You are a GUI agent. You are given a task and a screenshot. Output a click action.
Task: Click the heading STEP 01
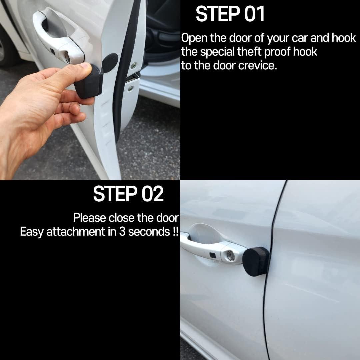coord(230,14)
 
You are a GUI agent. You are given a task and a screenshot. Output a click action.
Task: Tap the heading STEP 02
coord(128,194)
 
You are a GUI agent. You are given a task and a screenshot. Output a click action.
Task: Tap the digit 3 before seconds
coord(122,232)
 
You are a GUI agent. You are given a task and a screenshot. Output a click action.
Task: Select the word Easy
coord(32,232)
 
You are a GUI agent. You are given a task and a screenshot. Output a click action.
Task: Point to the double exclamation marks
coord(176,231)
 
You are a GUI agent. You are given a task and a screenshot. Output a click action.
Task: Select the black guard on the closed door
coord(256,262)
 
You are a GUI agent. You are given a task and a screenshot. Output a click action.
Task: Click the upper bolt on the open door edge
coord(133,65)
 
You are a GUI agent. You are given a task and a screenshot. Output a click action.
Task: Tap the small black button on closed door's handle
coord(212,255)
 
